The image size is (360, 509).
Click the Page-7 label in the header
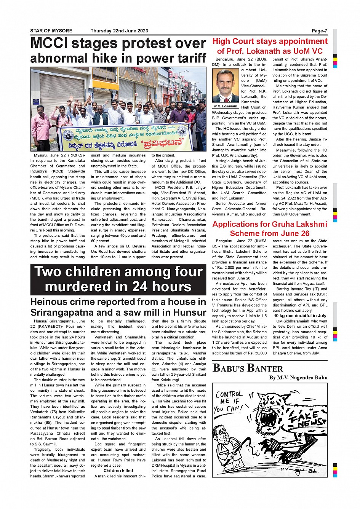[319, 31]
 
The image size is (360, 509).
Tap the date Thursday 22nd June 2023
[119, 31]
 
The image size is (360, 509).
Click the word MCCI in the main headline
[48, 43]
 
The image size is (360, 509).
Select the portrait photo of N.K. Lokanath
[226, 86]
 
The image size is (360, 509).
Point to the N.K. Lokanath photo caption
[226, 107]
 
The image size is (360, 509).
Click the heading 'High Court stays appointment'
[270, 41]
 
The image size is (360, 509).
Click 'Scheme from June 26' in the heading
[270, 233]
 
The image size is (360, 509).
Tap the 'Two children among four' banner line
[118, 272]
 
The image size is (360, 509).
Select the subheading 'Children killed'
[118, 471]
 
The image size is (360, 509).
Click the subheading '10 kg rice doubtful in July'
[300, 316]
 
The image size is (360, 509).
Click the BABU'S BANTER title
[248, 368]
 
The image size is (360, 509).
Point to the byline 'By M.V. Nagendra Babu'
[298, 378]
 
